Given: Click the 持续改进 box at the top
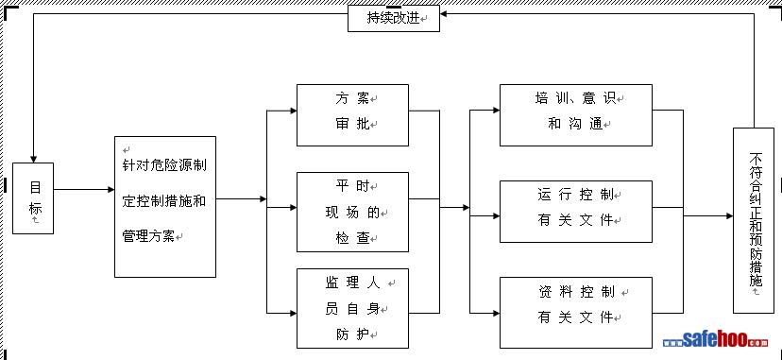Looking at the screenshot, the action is coord(394,19).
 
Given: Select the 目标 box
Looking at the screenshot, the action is coord(33,197).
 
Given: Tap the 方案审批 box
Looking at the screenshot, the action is coord(352,115).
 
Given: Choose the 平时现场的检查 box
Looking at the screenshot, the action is coord(352,212).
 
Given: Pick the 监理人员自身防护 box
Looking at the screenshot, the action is coord(352,309).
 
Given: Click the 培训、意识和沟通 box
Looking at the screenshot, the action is coord(576,115).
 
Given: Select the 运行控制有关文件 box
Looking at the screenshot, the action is coord(576,212).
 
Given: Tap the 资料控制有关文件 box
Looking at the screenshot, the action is coord(576,313).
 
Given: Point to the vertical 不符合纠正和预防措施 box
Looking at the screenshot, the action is coord(754,220).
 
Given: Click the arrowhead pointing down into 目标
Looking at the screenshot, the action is coord(33,159).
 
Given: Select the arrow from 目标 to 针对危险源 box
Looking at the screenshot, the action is coord(84,190).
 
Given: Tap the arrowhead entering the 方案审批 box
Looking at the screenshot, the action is coord(293,111).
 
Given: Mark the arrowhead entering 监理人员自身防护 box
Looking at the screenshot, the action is coord(293,313).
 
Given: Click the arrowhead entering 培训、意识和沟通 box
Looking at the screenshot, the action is coord(496,111).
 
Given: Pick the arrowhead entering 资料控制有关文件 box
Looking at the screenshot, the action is coord(496,313).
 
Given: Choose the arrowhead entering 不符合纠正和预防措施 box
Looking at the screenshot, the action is coord(729,215).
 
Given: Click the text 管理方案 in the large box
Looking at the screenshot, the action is coord(148,236).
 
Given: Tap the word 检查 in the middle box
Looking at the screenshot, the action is coord(352,238).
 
